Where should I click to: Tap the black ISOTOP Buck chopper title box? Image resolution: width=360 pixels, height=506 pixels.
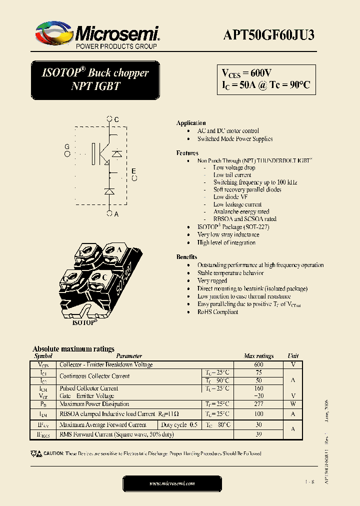95,79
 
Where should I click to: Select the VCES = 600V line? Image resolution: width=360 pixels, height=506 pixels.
247,73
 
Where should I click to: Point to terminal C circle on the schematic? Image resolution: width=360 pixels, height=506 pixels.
109,119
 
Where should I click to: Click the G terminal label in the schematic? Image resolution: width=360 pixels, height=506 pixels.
67,146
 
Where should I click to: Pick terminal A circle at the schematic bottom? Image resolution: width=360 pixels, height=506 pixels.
109,213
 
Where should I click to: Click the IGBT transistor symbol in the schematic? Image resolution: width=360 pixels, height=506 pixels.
100,154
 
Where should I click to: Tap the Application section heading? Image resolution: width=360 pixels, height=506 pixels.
191,123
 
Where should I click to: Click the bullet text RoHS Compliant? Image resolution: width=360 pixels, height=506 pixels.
217,312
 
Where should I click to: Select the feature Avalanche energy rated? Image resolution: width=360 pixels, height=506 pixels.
241,211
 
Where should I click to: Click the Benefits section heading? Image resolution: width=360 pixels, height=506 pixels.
186,257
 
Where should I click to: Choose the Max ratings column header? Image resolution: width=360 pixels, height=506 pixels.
258,356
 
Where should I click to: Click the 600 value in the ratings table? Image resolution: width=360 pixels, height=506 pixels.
258,365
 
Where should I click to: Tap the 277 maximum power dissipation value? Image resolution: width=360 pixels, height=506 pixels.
258,404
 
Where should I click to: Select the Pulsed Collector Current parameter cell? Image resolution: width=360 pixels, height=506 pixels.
89,388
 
